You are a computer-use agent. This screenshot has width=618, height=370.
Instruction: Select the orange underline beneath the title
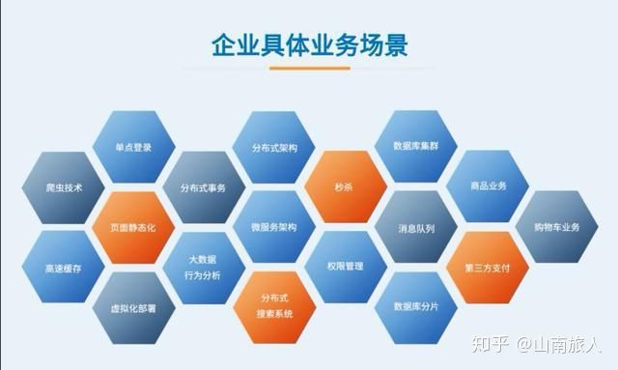pos(309,68)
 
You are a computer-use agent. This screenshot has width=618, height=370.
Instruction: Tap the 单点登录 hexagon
pos(134,148)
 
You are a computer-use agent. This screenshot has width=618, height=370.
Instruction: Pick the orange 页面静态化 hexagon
pos(133,227)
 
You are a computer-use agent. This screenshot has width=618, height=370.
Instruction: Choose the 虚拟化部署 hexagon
pos(133,307)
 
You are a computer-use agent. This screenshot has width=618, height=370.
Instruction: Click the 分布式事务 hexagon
pos(202,187)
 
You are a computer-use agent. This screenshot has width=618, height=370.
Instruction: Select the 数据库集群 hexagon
pos(415,148)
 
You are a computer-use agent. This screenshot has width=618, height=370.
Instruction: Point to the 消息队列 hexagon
pos(415,228)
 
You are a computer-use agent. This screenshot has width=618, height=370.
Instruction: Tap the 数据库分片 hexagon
pos(415,307)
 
